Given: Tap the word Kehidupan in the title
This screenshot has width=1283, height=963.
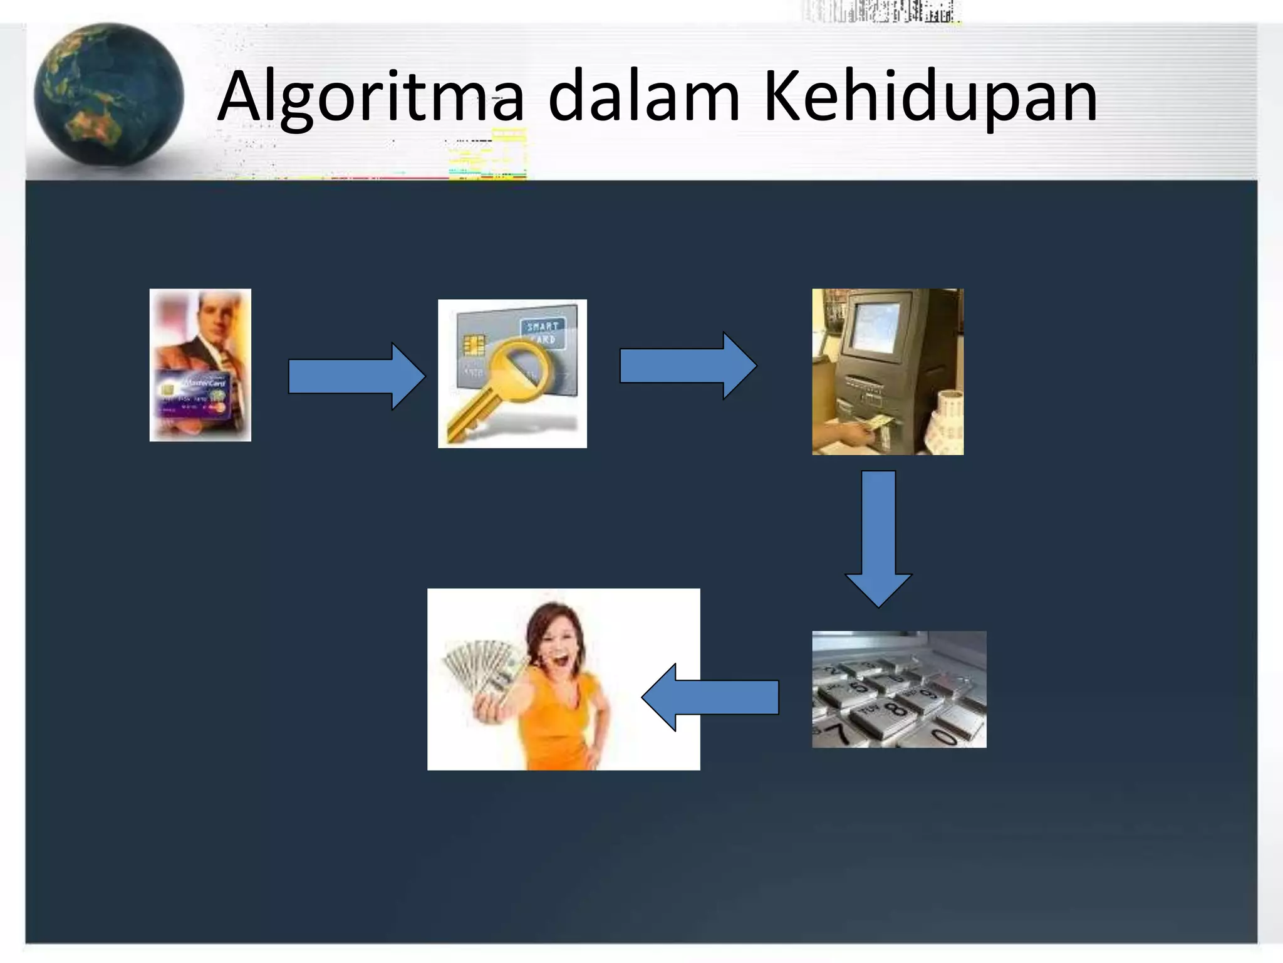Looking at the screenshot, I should pos(930,97).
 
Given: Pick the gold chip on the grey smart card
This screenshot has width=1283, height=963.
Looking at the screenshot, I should pos(474,345).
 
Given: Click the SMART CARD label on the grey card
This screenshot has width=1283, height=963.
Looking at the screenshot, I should pos(542,332).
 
